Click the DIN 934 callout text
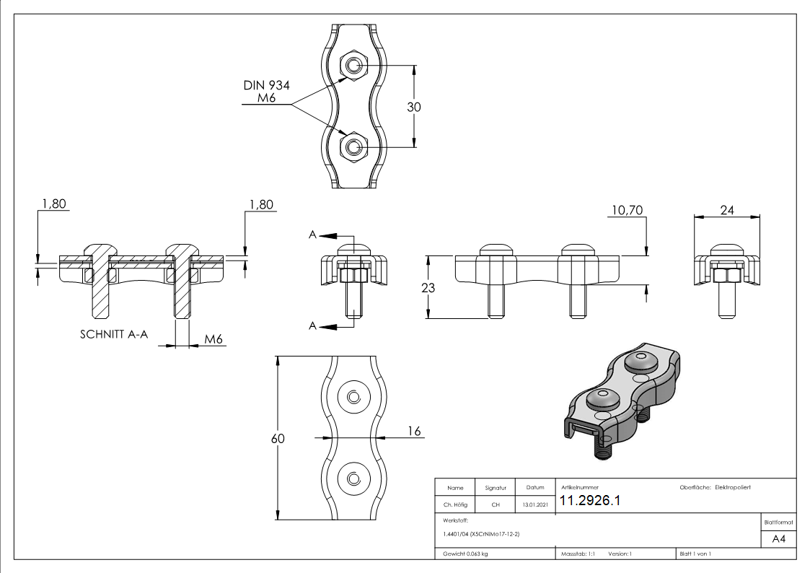pos(266,85)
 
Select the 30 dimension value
pos(414,106)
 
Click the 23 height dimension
pos(427,287)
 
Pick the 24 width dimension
pos(726,210)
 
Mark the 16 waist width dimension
pos(414,432)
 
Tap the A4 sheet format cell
pos(778,539)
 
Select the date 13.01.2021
pos(534,504)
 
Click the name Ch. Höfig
pos(455,504)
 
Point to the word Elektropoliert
pos(733,488)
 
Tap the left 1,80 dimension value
pos(54,204)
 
